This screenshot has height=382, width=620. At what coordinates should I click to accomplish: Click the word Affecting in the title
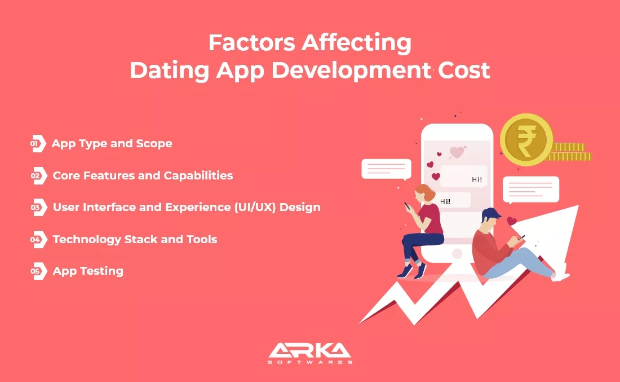point(356,43)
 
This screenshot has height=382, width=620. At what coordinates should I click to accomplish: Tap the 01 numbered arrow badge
point(38,143)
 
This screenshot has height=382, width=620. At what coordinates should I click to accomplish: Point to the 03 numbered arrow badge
point(39,208)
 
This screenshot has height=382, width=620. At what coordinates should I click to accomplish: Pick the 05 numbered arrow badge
point(39,271)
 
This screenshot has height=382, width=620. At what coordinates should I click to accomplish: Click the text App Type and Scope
point(112,144)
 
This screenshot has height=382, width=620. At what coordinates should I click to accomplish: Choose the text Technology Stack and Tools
point(135,239)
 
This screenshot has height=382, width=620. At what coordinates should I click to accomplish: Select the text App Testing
point(88,271)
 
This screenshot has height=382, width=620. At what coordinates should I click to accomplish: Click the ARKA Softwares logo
point(310,353)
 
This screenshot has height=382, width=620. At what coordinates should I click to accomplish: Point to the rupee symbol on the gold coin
point(526,140)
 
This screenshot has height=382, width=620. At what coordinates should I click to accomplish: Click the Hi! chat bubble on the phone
point(463,177)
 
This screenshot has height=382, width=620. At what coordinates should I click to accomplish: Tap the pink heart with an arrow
point(458,152)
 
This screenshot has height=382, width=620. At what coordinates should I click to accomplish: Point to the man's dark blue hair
point(490,214)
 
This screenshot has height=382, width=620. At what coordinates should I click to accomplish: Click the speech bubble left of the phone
point(386,169)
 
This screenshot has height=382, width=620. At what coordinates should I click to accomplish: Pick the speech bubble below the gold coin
point(530,190)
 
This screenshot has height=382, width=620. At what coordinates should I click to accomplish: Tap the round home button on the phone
point(457,253)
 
